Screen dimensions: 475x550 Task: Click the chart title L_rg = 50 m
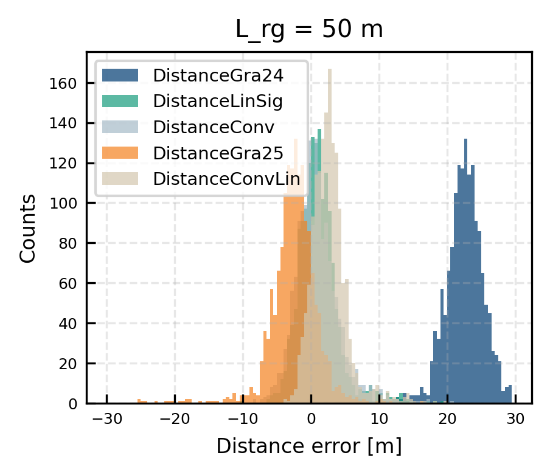pos(309,30)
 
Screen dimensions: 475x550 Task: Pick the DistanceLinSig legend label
pos(218,102)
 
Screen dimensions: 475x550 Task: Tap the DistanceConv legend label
pos(214,127)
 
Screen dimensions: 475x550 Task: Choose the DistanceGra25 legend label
pos(218,153)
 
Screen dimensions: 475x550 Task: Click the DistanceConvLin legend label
pos(226,179)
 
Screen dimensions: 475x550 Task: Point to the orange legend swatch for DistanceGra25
pos(120,153)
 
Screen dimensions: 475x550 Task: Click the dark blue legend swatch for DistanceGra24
pos(120,75)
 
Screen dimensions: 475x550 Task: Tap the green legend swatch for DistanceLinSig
pos(120,102)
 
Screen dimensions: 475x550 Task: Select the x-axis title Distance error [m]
pos(309,447)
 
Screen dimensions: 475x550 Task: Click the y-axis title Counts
pos(27,229)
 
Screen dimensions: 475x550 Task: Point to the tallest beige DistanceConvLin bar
pos(329,243)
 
